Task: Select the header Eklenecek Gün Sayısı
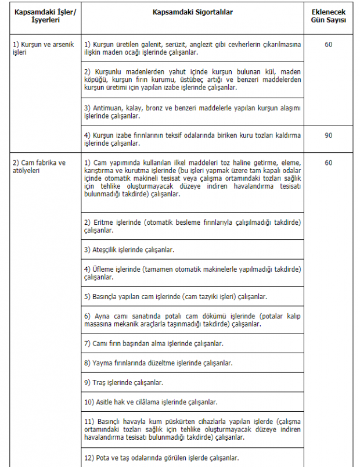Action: click(x=328, y=16)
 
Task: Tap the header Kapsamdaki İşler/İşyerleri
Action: click(x=41, y=16)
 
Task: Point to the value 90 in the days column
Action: click(x=329, y=135)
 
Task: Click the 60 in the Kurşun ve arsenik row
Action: click(x=329, y=44)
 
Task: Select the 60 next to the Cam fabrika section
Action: click(x=329, y=163)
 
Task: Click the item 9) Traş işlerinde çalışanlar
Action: click(x=124, y=383)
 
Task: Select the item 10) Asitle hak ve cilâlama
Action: click(x=151, y=402)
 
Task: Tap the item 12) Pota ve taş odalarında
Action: click(x=161, y=458)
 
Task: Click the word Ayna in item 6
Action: click(x=103, y=316)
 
